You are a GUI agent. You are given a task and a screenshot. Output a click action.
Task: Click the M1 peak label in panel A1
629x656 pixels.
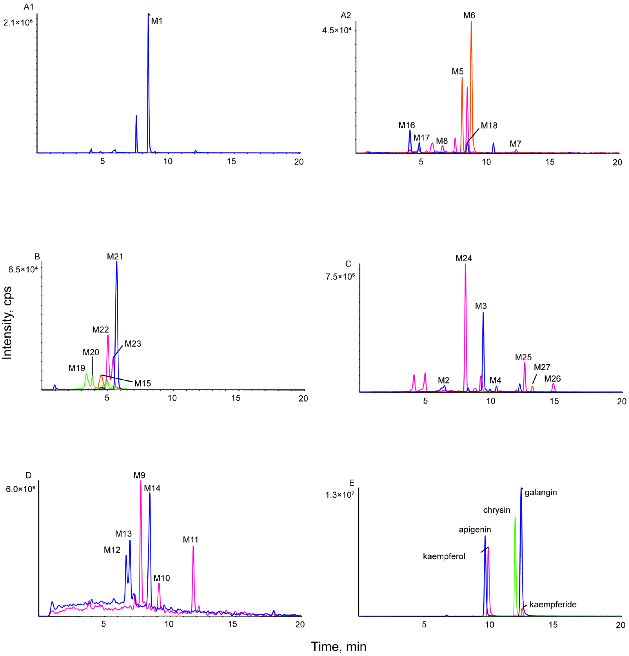pyautogui.click(x=157, y=21)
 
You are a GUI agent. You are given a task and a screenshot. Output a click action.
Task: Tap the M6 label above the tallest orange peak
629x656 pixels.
pyautogui.click(x=469, y=15)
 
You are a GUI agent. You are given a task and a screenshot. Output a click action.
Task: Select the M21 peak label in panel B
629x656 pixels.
pyautogui.click(x=115, y=257)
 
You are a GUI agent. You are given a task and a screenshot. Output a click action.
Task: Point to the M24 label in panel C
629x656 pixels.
pyautogui.click(x=464, y=258)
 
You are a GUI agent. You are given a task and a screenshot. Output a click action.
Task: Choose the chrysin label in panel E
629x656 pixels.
pyautogui.click(x=496, y=510)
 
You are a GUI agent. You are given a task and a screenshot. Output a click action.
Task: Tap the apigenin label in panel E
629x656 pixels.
pyautogui.click(x=475, y=529)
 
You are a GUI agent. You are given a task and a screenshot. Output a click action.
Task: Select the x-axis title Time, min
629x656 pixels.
pyautogui.click(x=339, y=647)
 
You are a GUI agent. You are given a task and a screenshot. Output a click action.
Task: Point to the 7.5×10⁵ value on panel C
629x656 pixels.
pyautogui.click(x=340, y=277)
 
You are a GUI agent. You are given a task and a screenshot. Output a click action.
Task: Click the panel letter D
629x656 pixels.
pyautogui.click(x=28, y=475)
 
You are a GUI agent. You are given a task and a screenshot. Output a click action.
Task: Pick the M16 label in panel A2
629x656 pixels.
pyautogui.click(x=406, y=126)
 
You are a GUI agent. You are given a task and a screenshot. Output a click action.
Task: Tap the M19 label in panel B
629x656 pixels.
pyautogui.click(x=77, y=368)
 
